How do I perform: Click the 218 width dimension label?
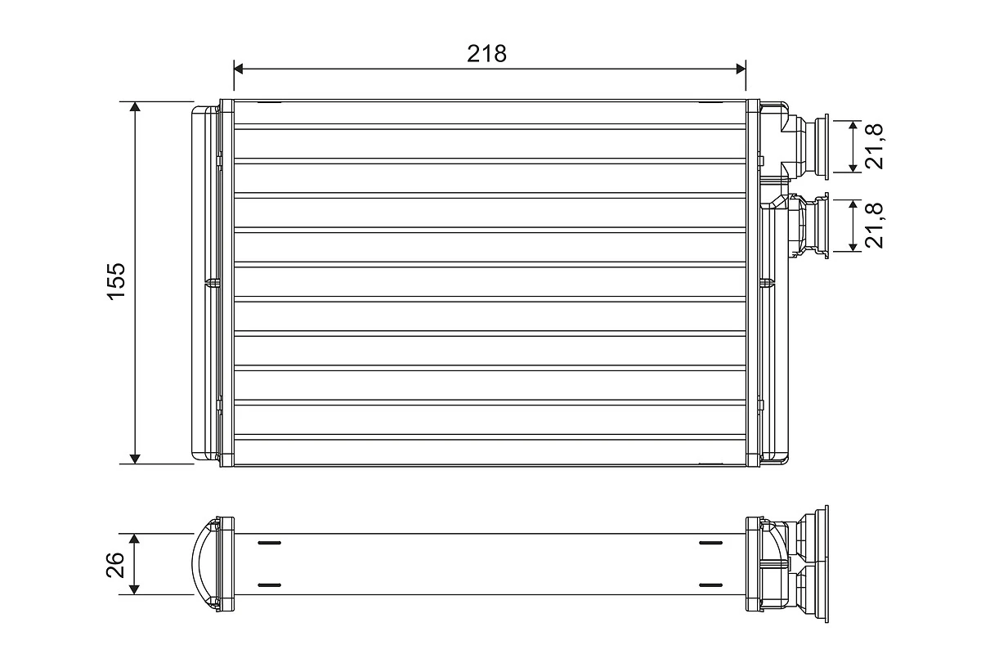pyautogui.click(x=487, y=54)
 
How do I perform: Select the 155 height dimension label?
pyautogui.click(x=116, y=281)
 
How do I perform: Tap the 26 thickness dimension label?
pyautogui.click(x=116, y=564)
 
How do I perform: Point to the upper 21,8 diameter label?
pyautogui.click(x=876, y=146)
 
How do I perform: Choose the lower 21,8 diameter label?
pyautogui.click(x=876, y=226)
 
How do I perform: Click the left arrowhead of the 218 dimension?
pyautogui.click(x=240, y=69)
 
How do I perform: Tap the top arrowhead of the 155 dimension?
pyautogui.click(x=136, y=107)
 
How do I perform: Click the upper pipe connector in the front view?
pyautogui.click(x=805, y=146)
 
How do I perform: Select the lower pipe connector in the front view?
pyautogui.click(x=805, y=226)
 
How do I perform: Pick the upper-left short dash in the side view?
pyautogui.click(x=269, y=543)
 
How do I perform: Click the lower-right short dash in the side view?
pyautogui.click(x=711, y=585)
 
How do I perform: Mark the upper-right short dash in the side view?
pyautogui.click(x=711, y=543)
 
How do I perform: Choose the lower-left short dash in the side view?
pyautogui.click(x=269, y=585)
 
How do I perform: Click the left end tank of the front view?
pyautogui.click(x=205, y=282)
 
